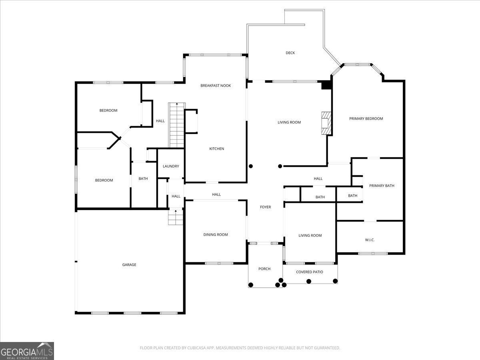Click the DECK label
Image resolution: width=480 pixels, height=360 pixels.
tap(290, 53)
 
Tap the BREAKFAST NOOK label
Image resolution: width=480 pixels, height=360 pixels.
tap(216, 86)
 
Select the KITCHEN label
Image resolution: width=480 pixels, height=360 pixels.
tap(217, 149)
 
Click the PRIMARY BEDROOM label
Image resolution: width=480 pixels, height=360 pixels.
tap(366, 118)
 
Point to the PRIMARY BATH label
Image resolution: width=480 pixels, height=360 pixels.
tap(382, 186)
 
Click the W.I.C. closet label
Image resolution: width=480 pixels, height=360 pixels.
tap(370, 240)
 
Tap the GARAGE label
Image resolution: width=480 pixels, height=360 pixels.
tap(129, 265)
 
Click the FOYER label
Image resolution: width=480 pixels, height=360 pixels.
tap(265, 207)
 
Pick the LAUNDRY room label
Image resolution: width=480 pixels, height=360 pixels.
tap(171, 166)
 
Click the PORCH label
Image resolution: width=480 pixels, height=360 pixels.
tap(264, 269)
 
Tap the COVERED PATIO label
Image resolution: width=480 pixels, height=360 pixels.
tap(310, 272)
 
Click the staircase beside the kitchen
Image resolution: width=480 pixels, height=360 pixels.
tap(176, 125)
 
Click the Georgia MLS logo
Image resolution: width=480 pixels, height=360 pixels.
tap(27, 351)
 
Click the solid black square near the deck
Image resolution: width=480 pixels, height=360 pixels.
tap(327, 85)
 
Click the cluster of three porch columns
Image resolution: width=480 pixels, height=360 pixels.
tap(281, 284)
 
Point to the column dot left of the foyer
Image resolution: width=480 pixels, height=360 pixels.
tap(251, 166)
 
